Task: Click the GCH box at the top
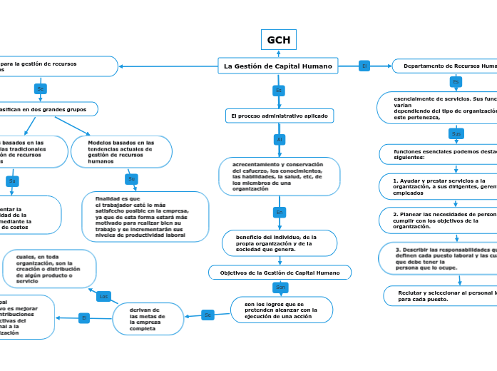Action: (x=278, y=40)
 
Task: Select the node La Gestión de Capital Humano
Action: (x=277, y=66)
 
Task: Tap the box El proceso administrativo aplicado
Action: (x=279, y=116)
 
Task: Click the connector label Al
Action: (x=280, y=139)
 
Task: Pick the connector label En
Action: (x=280, y=213)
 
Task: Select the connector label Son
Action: (x=280, y=288)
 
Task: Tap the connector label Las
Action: (x=103, y=296)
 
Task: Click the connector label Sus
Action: (x=456, y=133)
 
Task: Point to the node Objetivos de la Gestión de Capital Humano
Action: (x=280, y=273)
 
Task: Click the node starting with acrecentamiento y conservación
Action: (x=279, y=176)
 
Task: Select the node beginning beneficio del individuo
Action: (x=279, y=243)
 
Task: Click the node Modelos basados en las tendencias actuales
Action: (x=121, y=152)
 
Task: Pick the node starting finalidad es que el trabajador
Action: (x=145, y=217)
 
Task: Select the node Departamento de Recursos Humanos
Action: (x=446, y=66)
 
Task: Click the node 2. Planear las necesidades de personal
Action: (x=442, y=220)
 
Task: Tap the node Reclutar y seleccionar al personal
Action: (x=442, y=296)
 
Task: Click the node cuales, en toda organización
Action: (x=49, y=268)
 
